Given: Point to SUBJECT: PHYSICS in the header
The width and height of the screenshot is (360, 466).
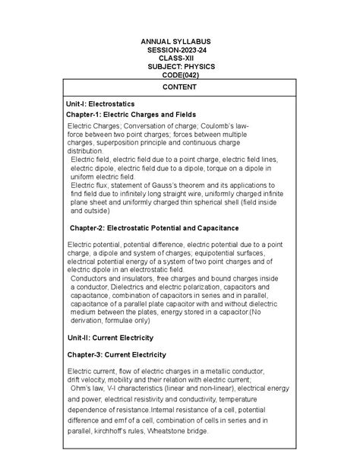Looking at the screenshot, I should point(182,67).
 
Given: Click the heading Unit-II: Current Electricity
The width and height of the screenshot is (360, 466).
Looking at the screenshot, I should point(110,337).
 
